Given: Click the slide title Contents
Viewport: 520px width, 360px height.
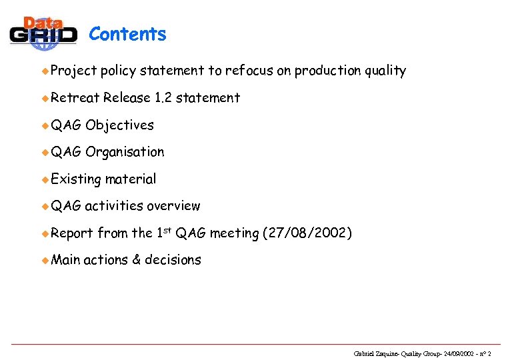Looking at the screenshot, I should [127, 34].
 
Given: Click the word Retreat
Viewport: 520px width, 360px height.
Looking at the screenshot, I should [75, 98].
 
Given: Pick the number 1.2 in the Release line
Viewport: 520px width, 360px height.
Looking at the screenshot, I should [163, 98].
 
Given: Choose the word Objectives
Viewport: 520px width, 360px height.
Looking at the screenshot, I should [119, 125].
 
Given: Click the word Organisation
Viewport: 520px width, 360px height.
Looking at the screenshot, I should [125, 152].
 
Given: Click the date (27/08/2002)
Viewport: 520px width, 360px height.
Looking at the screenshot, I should [307, 233].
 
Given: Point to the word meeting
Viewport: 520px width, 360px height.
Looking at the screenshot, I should [234, 233].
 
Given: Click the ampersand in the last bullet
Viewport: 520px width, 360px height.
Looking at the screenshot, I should [136, 260].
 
